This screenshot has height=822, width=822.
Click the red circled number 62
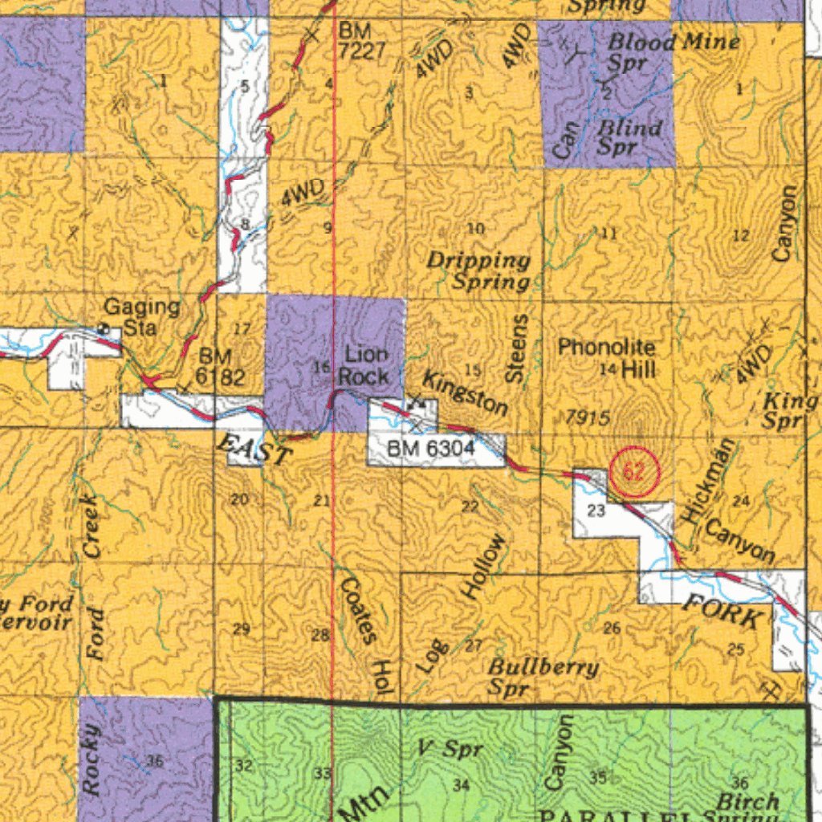tap(634, 472)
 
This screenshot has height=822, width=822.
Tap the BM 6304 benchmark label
tap(431, 450)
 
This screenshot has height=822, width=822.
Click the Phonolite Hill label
tap(607, 358)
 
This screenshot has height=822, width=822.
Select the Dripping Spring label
tap(480, 271)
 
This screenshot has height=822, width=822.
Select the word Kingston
tap(465, 393)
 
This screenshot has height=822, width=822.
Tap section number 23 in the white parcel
tap(596, 511)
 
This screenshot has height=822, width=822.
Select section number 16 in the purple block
tap(321, 367)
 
